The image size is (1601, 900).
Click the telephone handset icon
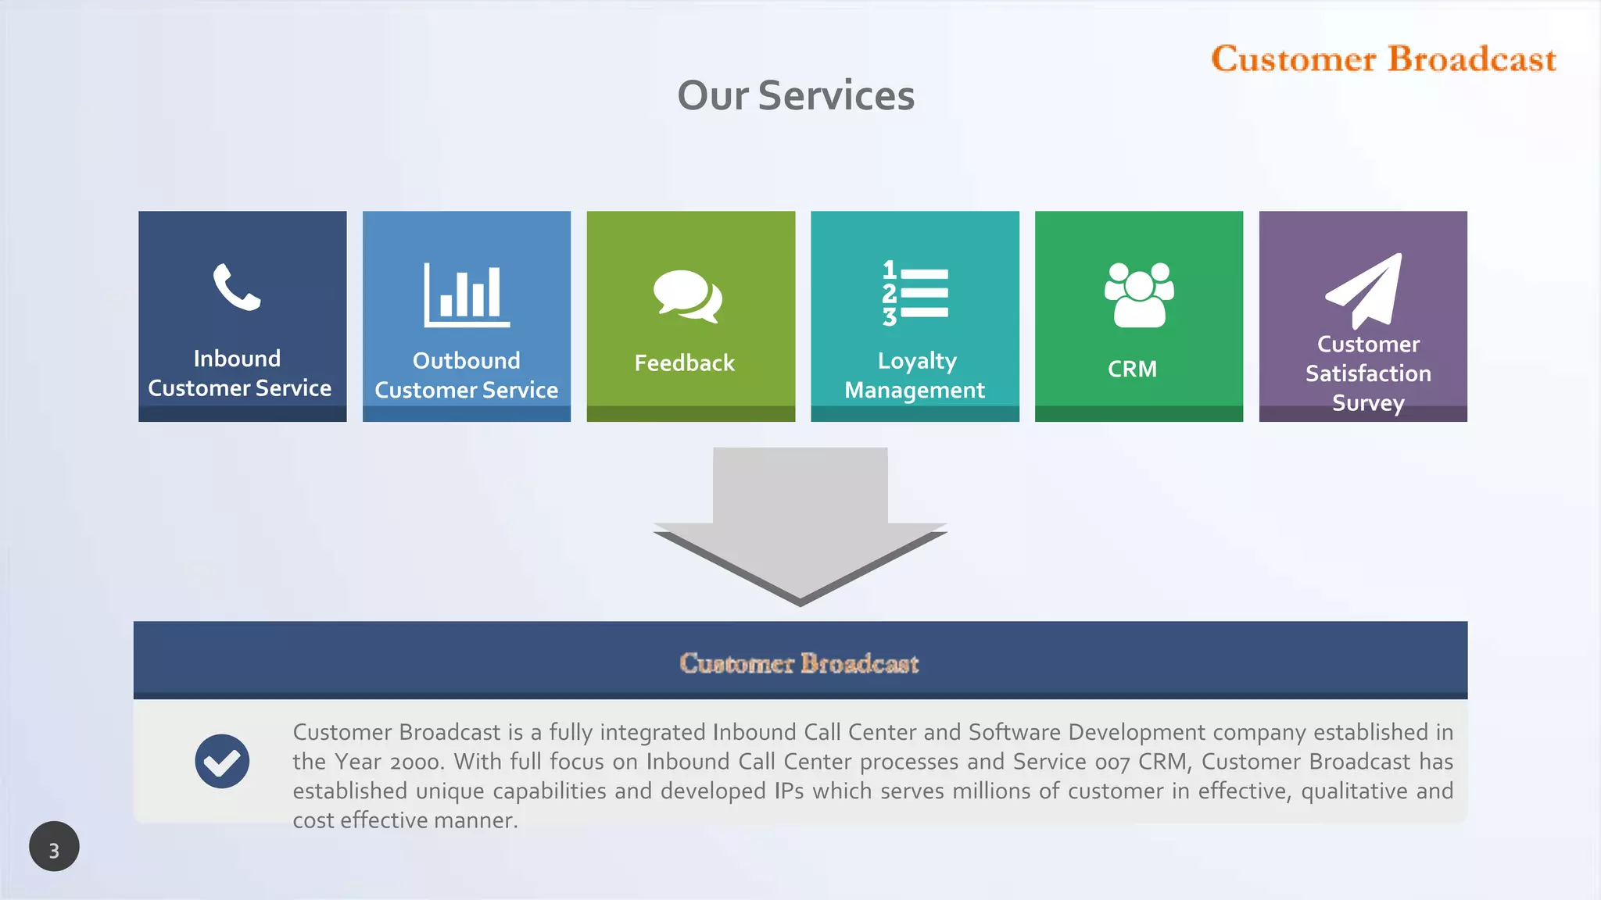(236, 287)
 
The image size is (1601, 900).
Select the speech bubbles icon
(687, 296)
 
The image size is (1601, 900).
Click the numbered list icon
(915, 293)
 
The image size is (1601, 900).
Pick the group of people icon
(1139, 295)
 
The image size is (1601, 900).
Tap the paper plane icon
(1364, 291)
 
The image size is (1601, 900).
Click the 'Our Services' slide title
(796, 96)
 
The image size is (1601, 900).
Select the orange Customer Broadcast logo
(1384, 59)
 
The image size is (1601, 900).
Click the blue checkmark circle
(222, 761)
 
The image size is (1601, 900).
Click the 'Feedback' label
(684, 363)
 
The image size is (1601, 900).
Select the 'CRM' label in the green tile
(1132, 369)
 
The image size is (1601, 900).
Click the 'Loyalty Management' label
(915, 375)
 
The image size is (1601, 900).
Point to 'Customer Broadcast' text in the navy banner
(799, 663)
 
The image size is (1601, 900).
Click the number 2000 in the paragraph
(417, 762)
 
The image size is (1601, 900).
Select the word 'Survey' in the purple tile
(1368, 403)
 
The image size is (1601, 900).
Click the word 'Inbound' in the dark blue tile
(237, 359)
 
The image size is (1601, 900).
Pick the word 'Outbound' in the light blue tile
(466, 361)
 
